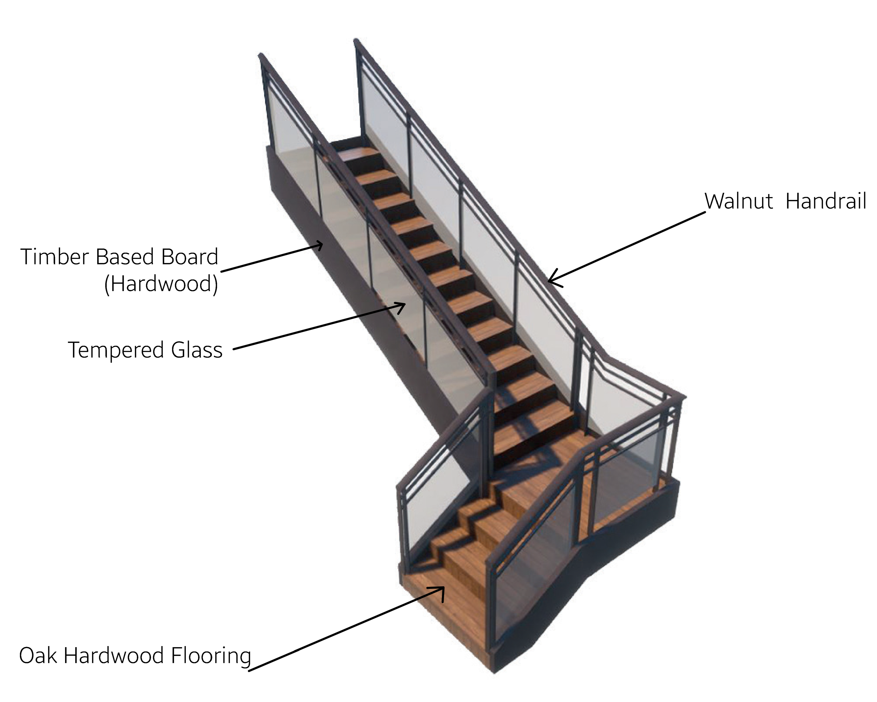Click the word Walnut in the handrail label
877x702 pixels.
click(738, 202)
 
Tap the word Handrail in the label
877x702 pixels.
click(826, 202)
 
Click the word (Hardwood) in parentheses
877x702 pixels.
click(161, 284)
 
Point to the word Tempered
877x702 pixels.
click(116, 350)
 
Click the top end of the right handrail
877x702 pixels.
click(356, 41)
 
